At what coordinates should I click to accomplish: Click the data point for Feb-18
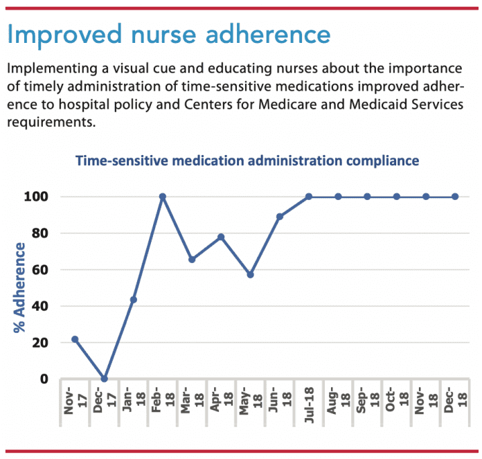pos(163,197)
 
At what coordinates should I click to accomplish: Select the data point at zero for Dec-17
pos(104,379)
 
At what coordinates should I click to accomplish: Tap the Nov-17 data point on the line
pos(75,339)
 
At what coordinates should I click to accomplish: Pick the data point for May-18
pos(250,275)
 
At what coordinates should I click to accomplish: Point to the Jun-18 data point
pos(279,217)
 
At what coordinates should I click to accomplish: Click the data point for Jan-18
pos(133,300)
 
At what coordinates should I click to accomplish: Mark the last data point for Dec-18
pos(455,197)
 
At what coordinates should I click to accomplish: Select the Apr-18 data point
pos(221,237)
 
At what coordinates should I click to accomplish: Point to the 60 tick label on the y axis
pos(41,269)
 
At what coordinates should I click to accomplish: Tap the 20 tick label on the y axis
pos(41,343)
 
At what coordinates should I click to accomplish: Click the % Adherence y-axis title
pos(19,287)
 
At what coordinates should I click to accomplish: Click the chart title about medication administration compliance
pos(247,161)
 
